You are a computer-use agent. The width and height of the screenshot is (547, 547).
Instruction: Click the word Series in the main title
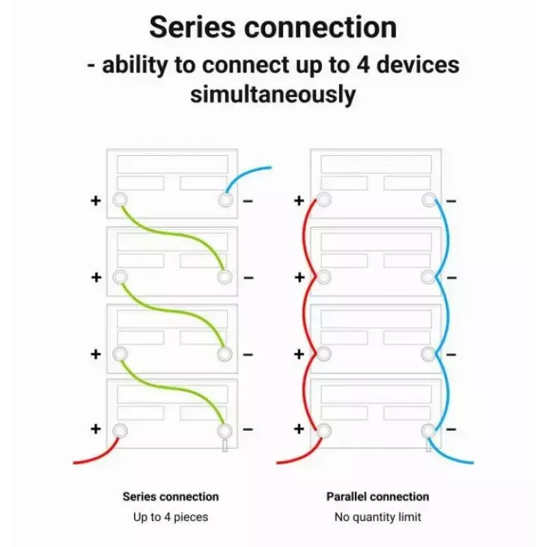pos(192,27)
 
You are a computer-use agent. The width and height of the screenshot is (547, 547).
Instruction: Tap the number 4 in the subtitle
pos(363,64)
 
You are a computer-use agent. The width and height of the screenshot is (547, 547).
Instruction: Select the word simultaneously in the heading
pos(273,94)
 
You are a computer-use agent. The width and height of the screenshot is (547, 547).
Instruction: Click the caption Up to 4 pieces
pos(170,517)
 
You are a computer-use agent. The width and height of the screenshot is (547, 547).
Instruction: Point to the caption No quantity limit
pos(378,517)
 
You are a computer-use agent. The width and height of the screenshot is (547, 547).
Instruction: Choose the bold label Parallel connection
pos(377,496)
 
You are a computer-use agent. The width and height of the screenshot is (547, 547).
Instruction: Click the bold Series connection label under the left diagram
pos(170,496)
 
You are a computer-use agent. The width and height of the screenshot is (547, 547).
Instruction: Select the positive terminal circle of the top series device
pos(120,200)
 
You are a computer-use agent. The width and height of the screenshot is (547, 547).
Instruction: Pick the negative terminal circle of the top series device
pos(226,200)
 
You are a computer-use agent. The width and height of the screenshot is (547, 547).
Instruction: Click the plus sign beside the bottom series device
pos(96,429)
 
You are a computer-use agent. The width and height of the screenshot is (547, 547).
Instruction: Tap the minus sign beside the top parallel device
pos(451,201)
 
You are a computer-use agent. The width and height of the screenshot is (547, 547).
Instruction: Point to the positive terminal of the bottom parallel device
pos(323,431)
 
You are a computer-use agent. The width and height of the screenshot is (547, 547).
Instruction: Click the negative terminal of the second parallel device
pos(429,278)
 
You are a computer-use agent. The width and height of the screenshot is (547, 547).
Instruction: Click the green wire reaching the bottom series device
pos(173,387)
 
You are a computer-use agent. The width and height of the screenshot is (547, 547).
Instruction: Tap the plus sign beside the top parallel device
pos(299,200)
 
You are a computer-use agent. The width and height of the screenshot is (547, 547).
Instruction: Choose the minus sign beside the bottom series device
pos(248,429)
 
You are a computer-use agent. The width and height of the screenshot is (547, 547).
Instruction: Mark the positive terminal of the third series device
pos(120,354)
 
